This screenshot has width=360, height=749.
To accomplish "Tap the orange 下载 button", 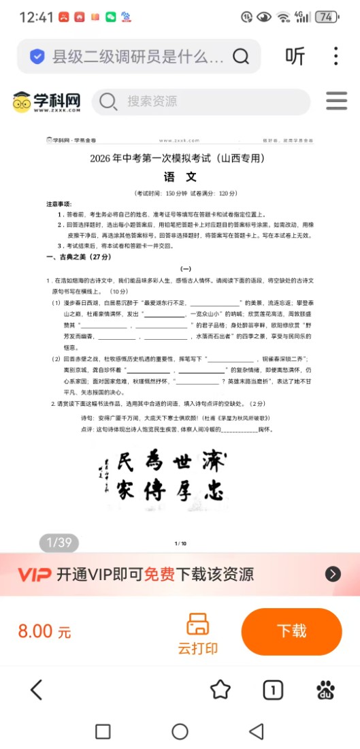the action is [291, 631].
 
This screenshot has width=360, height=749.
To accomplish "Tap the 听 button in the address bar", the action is [295, 57].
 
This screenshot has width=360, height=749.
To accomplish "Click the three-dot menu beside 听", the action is [336, 57].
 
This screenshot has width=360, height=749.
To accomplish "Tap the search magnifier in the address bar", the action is [241, 57].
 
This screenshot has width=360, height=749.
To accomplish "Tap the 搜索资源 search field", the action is [201, 102].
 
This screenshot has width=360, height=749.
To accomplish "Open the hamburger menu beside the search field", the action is [336, 101].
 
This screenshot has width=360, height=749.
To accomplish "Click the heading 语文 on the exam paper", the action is [180, 177].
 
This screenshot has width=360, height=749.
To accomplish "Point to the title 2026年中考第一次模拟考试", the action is [180, 159].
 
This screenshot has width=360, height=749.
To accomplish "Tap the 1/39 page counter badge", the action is [59, 543].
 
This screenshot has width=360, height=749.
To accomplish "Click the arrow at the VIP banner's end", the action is [333, 574].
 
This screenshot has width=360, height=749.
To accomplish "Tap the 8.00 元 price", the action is [44, 631].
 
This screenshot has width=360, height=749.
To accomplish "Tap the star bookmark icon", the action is [220, 690].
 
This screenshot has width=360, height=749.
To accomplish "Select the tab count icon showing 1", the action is [273, 690].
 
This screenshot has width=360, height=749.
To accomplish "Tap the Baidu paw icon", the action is [326, 690].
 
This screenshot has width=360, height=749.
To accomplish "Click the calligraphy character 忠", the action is [216, 490].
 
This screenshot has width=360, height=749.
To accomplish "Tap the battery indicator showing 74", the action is [327, 17].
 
